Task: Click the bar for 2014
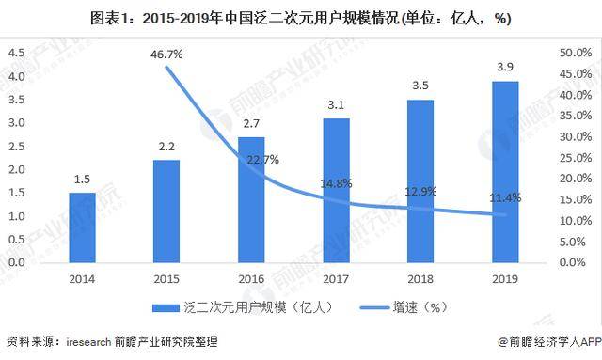pyautogui.click(x=82, y=227)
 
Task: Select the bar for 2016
pyautogui.click(x=251, y=200)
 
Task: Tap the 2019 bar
pyautogui.click(x=505, y=172)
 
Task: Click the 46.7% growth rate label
pyautogui.click(x=166, y=55)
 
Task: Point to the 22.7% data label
pyautogui.click(x=262, y=159)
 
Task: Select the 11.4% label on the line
pyautogui.click(x=505, y=197)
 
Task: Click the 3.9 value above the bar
pyautogui.click(x=505, y=67)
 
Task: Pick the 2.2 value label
pyautogui.click(x=166, y=147)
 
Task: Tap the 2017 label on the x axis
pyautogui.click(x=336, y=279)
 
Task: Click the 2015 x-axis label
pyautogui.click(x=166, y=279)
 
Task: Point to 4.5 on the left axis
pyautogui.click(x=17, y=53)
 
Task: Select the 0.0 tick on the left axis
pyautogui.click(x=17, y=262)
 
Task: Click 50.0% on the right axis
pyautogui.click(x=576, y=53)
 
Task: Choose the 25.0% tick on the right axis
pyautogui.click(x=576, y=157)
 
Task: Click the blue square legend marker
pyautogui.click(x=166, y=307)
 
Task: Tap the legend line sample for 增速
pyautogui.click(x=374, y=307)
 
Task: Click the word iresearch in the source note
pyautogui.click(x=88, y=341)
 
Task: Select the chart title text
pyautogui.click(x=301, y=18)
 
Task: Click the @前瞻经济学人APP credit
pyautogui.click(x=549, y=341)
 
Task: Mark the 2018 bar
pyautogui.click(x=420, y=181)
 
